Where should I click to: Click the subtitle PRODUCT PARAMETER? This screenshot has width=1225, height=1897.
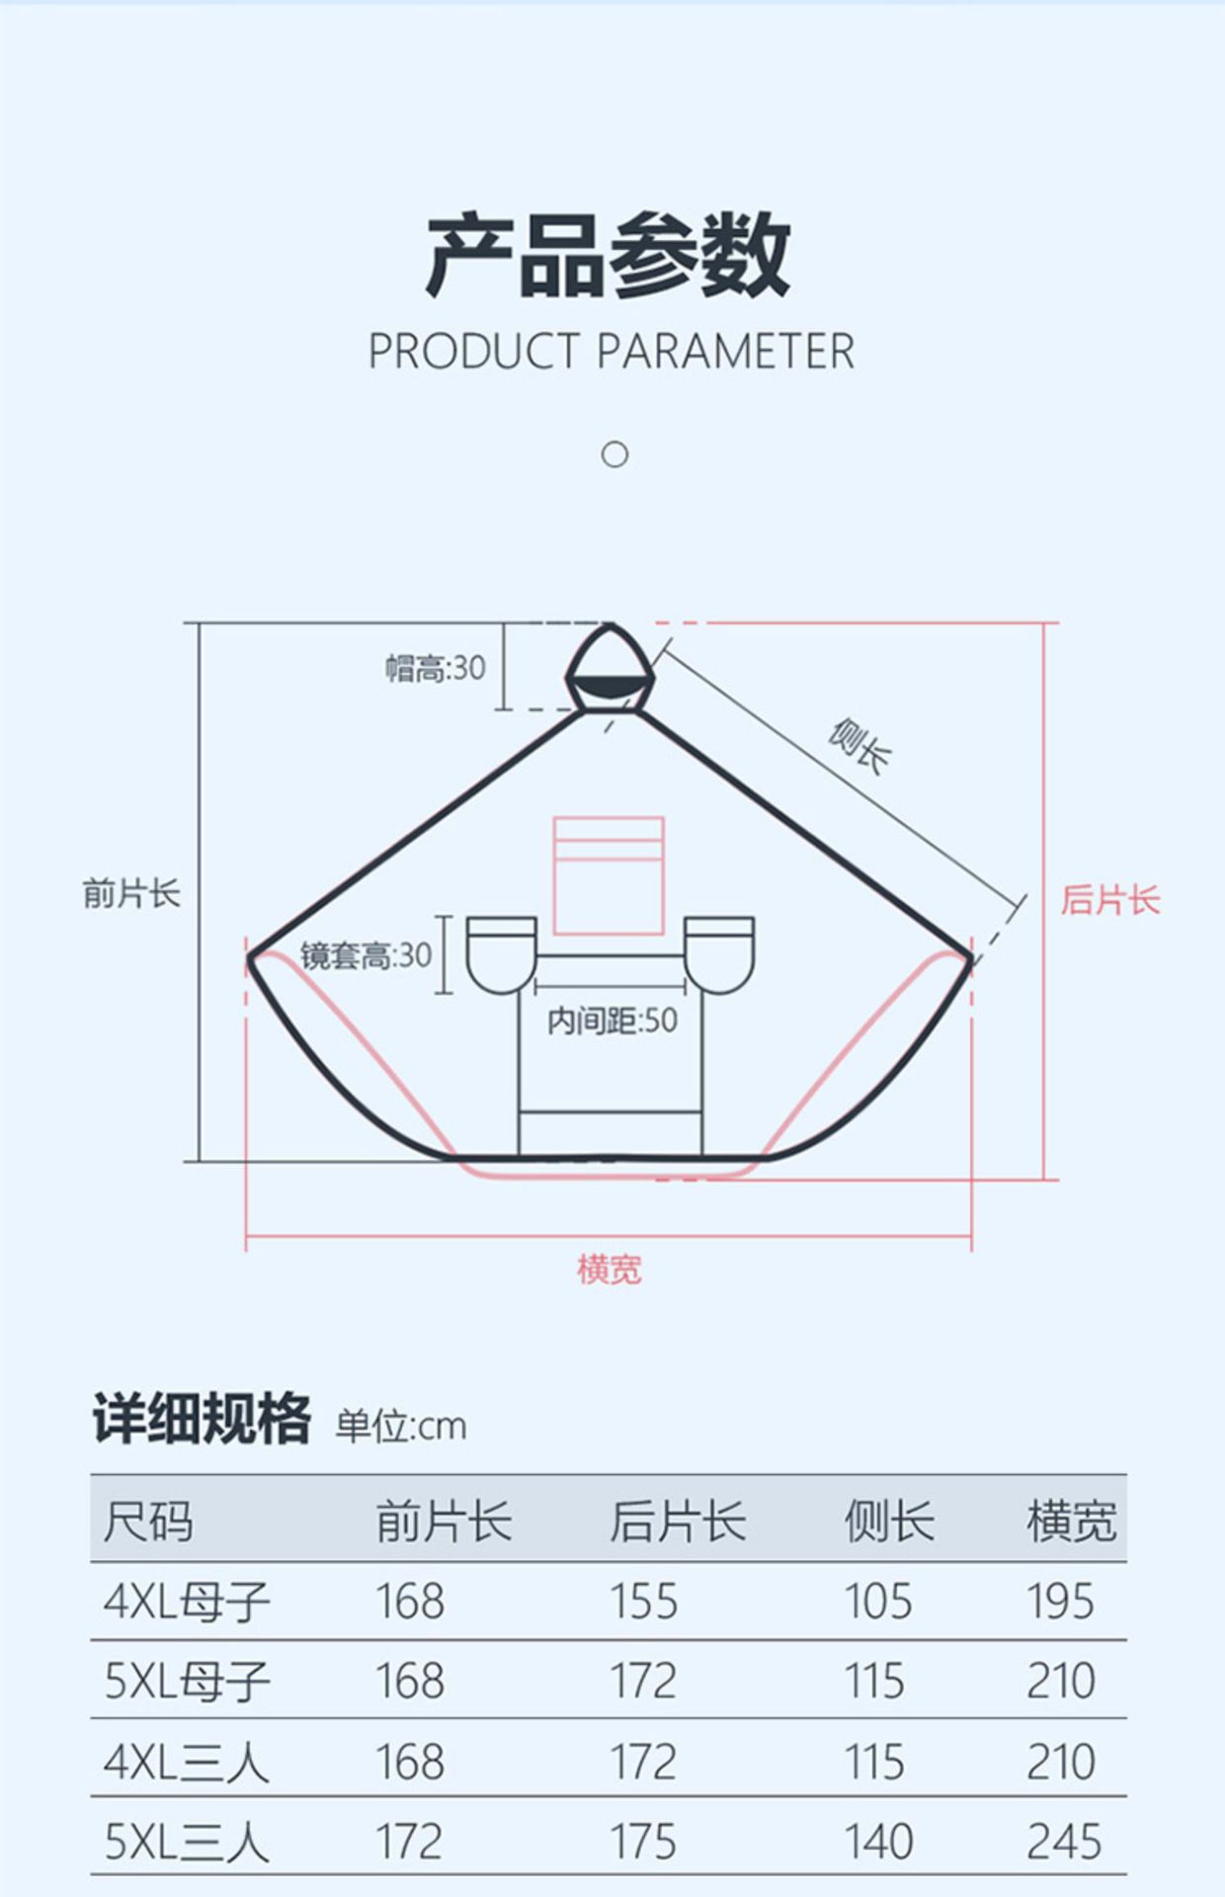[611, 352]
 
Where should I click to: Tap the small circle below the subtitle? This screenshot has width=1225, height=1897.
[614, 454]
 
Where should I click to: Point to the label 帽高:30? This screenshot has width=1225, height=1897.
[436, 669]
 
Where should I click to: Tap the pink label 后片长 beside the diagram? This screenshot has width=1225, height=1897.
[1109, 900]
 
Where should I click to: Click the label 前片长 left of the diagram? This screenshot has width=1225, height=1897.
[131, 894]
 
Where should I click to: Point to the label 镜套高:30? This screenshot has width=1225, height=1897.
[366, 955]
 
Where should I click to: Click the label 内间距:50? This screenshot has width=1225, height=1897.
[612, 1021]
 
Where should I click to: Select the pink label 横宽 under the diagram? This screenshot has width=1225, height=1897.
[609, 1270]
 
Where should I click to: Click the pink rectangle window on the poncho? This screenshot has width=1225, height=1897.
[608, 875]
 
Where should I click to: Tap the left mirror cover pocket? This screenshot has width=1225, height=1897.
[501, 954]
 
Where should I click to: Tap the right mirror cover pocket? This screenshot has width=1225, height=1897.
[719, 954]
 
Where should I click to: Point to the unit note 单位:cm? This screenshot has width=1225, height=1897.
[400, 1427]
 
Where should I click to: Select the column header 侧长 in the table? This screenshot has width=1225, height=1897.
[888, 1521]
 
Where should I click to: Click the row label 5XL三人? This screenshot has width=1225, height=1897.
[187, 1842]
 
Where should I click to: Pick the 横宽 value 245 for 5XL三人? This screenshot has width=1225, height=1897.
[1063, 1842]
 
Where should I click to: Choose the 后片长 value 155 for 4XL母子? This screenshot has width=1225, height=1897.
[643, 1602]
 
